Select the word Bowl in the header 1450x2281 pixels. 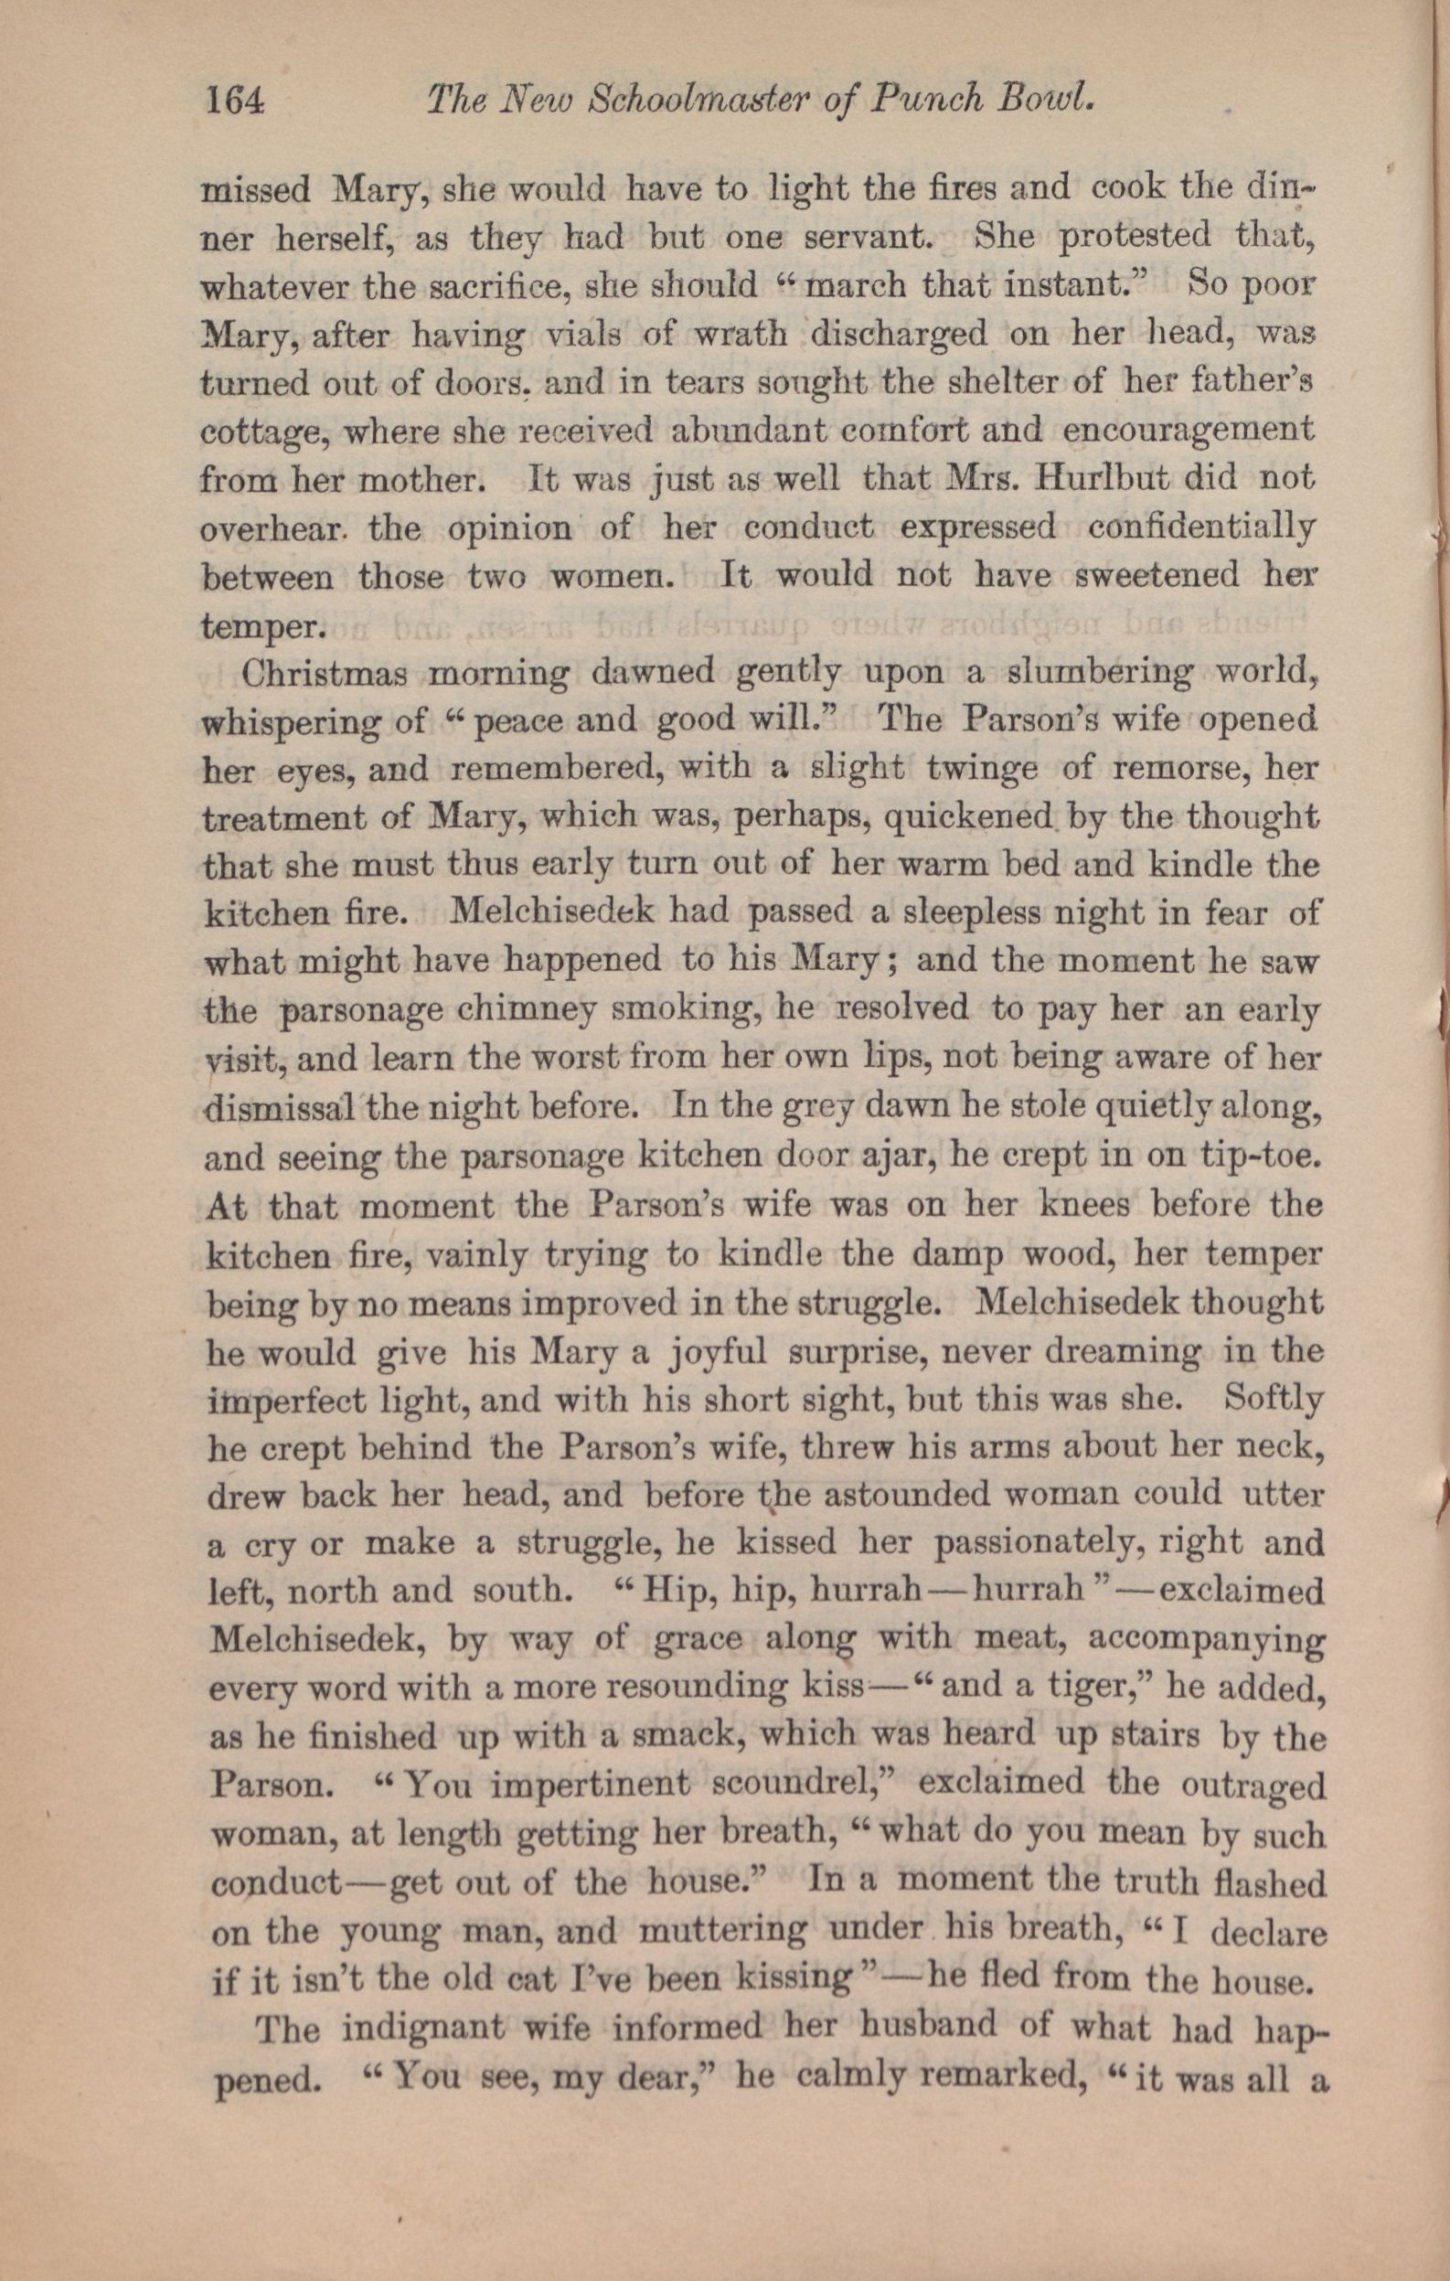[1051, 99]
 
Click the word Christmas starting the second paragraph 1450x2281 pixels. [325, 675]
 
